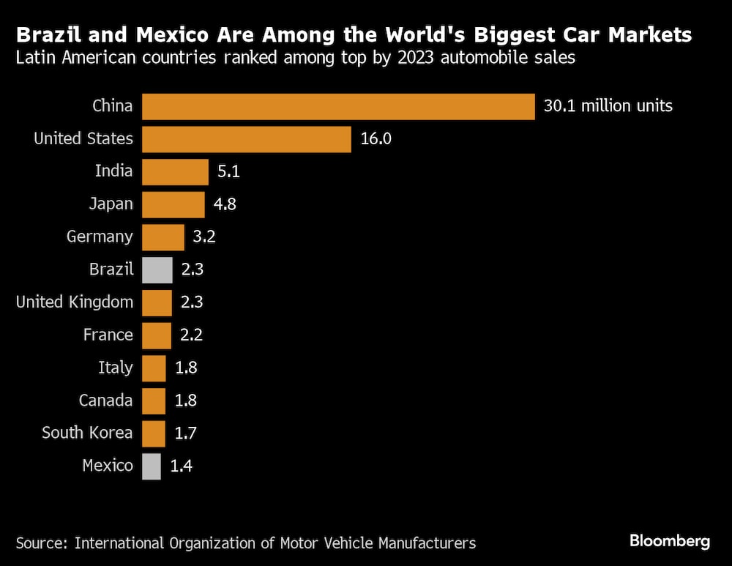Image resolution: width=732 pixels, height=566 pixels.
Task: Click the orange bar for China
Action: click(338, 106)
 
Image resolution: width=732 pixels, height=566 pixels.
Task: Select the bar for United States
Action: click(247, 139)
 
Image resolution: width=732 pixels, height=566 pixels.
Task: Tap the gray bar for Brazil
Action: click(157, 269)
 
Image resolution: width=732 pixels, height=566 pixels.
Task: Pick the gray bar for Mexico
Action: click(152, 466)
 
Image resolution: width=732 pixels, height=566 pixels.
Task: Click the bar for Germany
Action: click(163, 237)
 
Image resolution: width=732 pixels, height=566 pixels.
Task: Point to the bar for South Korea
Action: click(154, 433)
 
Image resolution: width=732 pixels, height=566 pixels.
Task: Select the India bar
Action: click(175, 172)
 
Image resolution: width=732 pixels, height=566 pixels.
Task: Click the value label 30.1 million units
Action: click(608, 106)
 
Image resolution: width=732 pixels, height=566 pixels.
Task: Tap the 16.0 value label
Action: click(377, 139)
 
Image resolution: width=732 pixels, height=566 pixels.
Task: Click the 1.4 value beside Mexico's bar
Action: click(182, 466)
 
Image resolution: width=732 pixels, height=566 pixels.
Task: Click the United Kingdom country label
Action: click(75, 302)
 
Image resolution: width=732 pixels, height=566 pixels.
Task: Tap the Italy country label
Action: click(116, 368)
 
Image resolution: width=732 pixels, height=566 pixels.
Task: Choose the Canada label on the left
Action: click(106, 401)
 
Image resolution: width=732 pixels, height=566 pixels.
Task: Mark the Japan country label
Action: click(111, 204)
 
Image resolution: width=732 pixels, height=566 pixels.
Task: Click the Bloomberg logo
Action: click(670, 542)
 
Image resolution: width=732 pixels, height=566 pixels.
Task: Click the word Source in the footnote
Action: click(41, 543)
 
